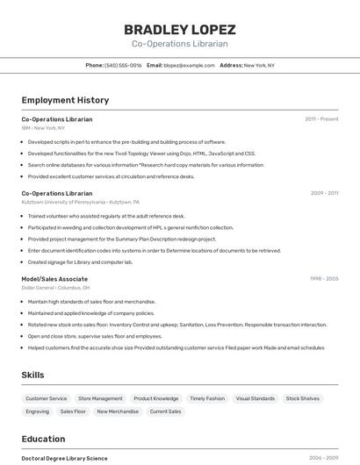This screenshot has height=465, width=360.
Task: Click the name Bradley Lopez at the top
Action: point(179,29)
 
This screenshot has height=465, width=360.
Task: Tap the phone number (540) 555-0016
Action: point(123,65)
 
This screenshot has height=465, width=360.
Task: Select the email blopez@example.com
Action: point(189,65)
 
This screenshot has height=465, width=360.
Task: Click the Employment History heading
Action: point(65,100)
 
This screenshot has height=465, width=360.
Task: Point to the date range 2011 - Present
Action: point(321,119)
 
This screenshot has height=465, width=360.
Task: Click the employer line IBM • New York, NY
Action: point(43,128)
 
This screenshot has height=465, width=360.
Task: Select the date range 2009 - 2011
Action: point(324,193)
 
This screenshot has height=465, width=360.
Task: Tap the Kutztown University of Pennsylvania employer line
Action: point(77,202)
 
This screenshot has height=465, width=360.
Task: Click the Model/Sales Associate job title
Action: point(54,279)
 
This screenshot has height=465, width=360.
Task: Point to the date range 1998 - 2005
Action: point(324,279)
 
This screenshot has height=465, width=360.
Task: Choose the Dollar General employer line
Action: point(55,288)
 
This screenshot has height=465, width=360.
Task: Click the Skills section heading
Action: point(32,375)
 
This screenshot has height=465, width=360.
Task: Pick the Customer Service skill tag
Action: point(47,398)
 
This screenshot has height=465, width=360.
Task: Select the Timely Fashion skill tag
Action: point(207,398)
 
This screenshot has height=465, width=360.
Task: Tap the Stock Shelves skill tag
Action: point(303,398)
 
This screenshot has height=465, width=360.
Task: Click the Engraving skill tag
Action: point(38,411)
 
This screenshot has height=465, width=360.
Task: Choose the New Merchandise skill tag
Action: point(118,411)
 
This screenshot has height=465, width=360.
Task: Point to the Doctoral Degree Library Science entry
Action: point(64,458)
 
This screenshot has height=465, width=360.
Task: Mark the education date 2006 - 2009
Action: point(323,458)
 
